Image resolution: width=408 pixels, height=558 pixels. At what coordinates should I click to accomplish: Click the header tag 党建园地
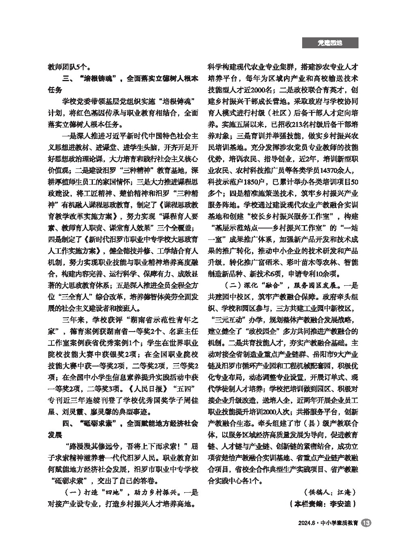pyautogui.click(x=330, y=43)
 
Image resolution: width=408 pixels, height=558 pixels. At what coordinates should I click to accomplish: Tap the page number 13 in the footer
pyautogui.click(x=365, y=524)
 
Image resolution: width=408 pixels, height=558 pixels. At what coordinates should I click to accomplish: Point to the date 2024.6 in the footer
pyautogui.click(x=308, y=524)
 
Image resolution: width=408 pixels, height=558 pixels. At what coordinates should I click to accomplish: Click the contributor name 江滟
pyautogui.click(x=345, y=492)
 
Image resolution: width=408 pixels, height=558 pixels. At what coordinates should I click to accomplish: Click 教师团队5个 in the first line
pyautogui.click(x=64, y=67)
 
